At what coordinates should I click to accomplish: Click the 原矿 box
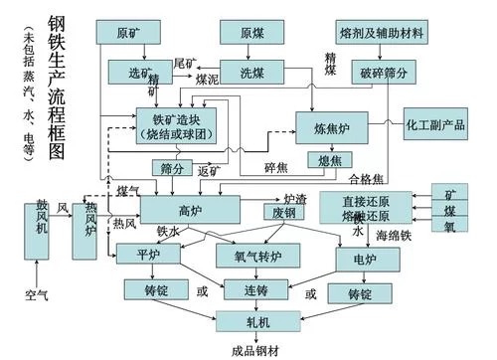(128, 31)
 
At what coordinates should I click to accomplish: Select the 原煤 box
(252, 31)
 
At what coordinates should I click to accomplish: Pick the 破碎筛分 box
(382, 73)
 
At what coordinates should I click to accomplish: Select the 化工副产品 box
(435, 126)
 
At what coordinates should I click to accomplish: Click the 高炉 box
(189, 210)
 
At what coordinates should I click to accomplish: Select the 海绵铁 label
(394, 237)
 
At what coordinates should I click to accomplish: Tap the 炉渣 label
(295, 199)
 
